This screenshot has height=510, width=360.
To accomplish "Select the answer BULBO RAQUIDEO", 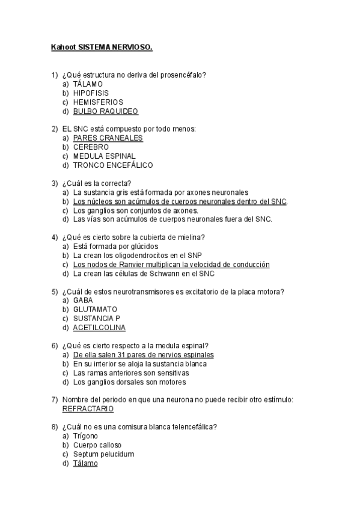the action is click(x=105, y=111).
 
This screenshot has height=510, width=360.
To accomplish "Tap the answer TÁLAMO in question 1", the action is click(x=88, y=84).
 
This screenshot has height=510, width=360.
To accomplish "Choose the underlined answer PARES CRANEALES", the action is click(x=108, y=138).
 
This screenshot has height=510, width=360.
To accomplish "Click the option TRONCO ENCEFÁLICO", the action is click(x=112, y=165).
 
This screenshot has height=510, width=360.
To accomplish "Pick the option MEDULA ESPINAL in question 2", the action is click(x=104, y=156).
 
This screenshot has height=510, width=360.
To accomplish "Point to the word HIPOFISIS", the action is click(x=91, y=93).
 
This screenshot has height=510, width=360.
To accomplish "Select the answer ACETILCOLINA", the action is click(x=99, y=328).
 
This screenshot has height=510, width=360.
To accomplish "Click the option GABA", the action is click(x=83, y=301).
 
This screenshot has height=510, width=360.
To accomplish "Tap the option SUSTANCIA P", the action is click(x=96, y=319).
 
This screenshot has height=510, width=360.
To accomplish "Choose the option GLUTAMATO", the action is click(x=95, y=310).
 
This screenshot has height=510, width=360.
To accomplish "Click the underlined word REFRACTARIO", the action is click(x=88, y=409).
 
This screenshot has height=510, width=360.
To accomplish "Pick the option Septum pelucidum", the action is click(x=103, y=454).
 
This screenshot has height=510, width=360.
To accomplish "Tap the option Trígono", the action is click(x=85, y=436).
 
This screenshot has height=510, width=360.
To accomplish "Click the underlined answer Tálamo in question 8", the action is click(x=85, y=463).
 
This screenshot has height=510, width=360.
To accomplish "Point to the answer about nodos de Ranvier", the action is click(x=171, y=265).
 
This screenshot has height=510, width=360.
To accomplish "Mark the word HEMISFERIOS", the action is click(x=97, y=102).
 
